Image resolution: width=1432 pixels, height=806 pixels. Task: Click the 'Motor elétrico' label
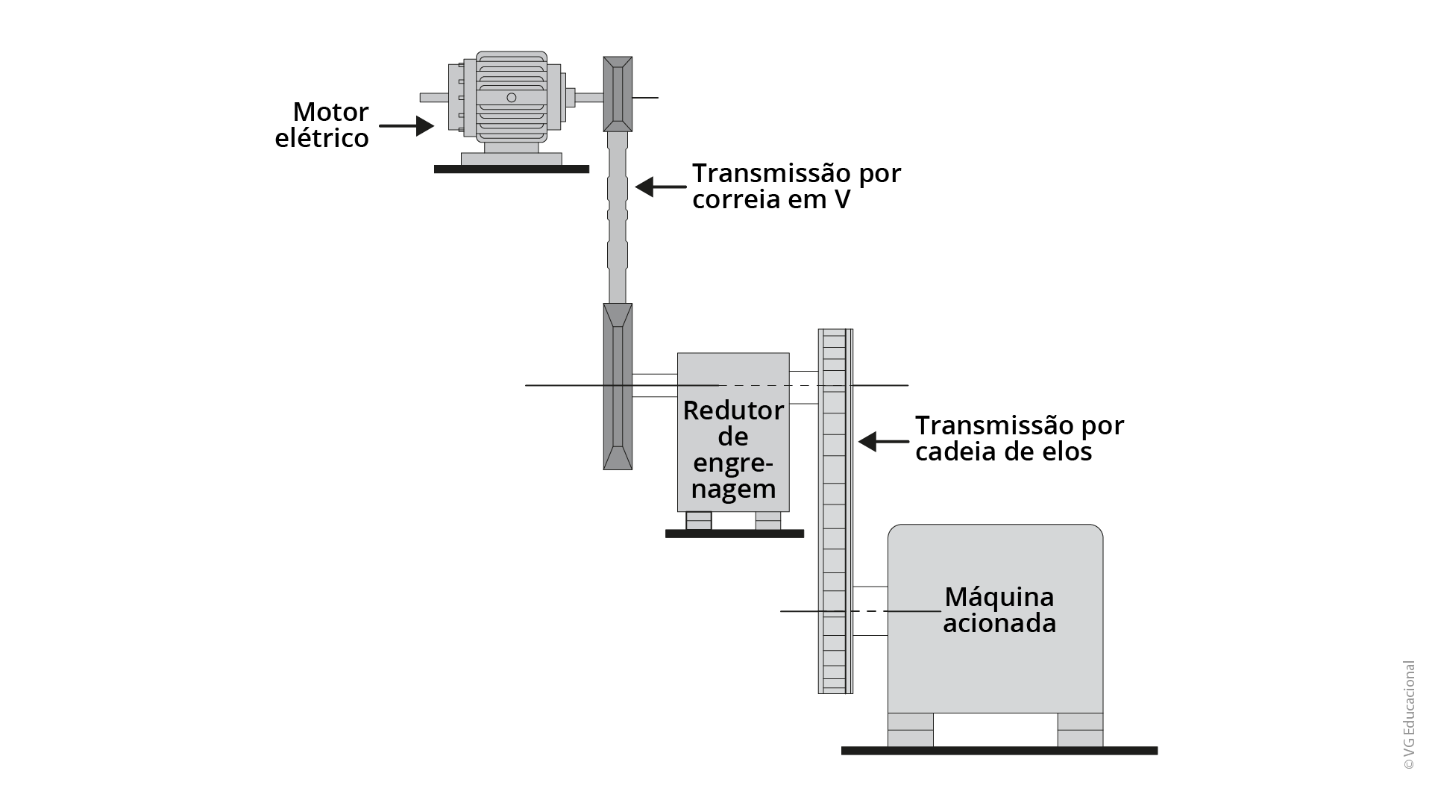(x=322, y=125)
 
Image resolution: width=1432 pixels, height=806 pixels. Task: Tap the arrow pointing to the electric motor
(x=406, y=125)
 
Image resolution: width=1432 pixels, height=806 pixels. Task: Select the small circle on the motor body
(x=511, y=98)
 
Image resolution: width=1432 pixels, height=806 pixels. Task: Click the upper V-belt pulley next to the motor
(x=618, y=94)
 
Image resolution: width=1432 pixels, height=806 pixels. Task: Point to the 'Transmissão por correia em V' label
(x=797, y=187)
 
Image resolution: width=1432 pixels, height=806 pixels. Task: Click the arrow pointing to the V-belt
(x=660, y=187)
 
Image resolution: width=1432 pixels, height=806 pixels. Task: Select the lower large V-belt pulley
(x=618, y=387)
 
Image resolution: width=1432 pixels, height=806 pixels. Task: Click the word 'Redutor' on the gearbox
(x=733, y=410)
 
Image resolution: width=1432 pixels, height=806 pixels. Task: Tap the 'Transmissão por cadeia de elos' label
(x=1019, y=438)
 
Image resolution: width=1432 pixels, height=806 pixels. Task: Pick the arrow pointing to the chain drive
(x=883, y=441)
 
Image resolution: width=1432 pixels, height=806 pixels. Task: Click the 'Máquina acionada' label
(x=999, y=610)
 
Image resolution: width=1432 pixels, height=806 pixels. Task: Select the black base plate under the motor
(x=512, y=169)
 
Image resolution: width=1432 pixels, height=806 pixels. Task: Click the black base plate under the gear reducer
(x=735, y=534)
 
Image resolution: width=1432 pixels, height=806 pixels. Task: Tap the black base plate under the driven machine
(x=999, y=751)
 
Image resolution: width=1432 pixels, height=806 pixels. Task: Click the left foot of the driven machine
(x=910, y=729)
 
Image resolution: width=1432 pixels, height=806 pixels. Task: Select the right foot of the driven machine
(x=1080, y=729)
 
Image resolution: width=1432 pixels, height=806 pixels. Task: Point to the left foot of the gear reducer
(x=699, y=520)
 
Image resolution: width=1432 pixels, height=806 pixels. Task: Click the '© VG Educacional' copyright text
(x=1408, y=715)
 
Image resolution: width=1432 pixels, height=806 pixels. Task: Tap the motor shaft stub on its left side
(x=433, y=97)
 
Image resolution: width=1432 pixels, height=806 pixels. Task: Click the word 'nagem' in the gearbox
(x=733, y=490)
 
